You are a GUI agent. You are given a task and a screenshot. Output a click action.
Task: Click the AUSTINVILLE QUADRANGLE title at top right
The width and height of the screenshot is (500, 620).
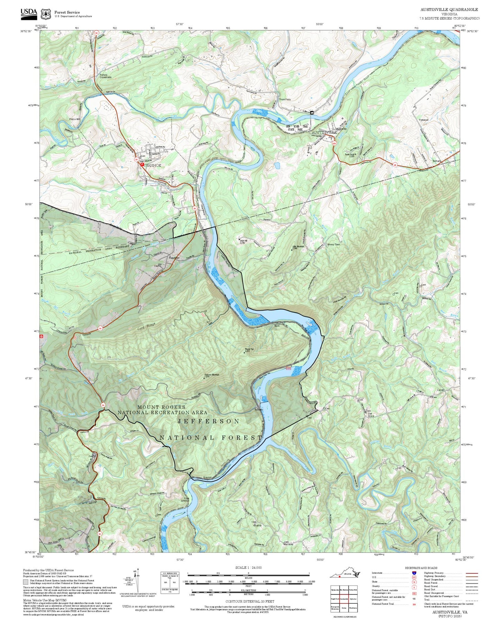coord(449,10)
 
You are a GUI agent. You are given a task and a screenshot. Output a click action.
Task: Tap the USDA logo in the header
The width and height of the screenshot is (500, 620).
coord(29,13)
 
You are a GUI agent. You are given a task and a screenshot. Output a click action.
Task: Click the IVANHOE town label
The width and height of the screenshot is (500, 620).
coord(153,166)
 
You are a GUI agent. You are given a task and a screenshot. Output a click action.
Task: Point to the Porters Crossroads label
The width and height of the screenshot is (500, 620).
coord(106,76)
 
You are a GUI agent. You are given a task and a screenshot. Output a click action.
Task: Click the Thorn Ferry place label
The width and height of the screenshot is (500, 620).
coord(285,100)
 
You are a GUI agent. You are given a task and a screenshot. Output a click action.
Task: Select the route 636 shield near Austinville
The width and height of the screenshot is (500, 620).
coord(334,143)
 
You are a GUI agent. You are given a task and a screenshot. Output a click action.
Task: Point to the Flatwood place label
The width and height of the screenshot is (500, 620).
coord(424,120)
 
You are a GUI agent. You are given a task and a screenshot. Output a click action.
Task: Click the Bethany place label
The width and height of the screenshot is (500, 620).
coord(437,161)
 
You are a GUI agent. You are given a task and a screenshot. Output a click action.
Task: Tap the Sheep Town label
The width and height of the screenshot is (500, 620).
coord(334,244)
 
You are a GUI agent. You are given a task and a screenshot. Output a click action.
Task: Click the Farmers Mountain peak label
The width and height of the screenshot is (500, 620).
coord(211,375)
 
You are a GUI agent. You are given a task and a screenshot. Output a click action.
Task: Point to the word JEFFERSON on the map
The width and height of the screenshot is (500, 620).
coord(209,421)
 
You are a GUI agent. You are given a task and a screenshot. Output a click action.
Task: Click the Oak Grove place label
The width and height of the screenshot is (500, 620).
coord(371,414)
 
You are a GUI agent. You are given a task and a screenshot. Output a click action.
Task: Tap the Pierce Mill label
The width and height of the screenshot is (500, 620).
coord(75,119)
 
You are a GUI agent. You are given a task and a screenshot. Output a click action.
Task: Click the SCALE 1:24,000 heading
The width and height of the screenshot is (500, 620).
coord(248,567)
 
